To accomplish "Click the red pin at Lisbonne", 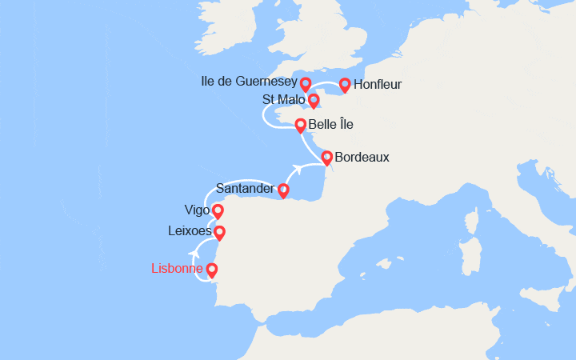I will coord(212,270).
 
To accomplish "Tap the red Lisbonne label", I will coord(177,269).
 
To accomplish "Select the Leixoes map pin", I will coord(219,233).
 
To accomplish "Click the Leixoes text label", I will coord(190,231).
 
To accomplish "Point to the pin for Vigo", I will coord(217,211).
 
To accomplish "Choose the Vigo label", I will coord(197,210).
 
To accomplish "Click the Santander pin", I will coord(283,190).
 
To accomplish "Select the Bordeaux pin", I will coord(326,157).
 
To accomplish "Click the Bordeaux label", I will coord(362,157).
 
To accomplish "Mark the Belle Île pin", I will coord(301,125).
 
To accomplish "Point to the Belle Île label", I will coord(330,125).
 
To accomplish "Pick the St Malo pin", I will coord(314,101).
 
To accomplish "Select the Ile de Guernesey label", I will coord(249,82).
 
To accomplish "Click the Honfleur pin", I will coord(345,84).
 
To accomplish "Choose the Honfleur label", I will coord(377,84).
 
